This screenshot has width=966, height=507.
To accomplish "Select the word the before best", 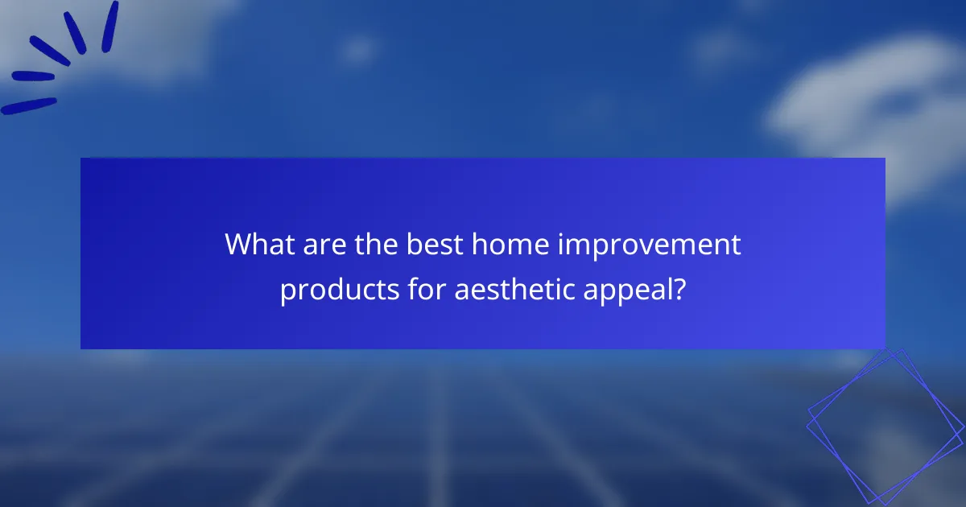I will (x=375, y=244).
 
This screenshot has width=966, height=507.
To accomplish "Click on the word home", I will (x=505, y=244).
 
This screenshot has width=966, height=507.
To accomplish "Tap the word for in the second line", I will (x=426, y=288).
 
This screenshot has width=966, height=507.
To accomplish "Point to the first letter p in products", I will (x=287, y=292).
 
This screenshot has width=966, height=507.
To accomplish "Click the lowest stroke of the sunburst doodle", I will (x=28, y=105).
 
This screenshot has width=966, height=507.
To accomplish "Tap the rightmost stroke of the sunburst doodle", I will (x=110, y=26).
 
